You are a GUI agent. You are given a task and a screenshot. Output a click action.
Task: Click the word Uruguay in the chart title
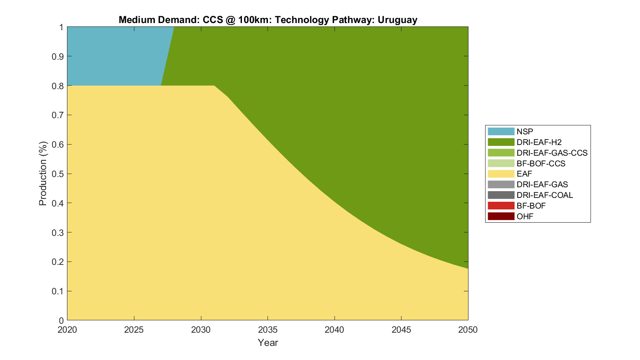click(x=397, y=20)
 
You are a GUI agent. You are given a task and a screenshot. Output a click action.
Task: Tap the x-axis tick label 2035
click(x=268, y=330)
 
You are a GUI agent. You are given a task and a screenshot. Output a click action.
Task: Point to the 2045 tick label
click(x=401, y=330)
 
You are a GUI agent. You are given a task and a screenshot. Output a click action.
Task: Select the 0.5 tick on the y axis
click(x=58, y=174)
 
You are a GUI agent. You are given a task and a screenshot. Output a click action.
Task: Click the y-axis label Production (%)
click(x=43, y=174)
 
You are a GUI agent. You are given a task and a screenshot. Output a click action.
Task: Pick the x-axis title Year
click(x=268, y=343)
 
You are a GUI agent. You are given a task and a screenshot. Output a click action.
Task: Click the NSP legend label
click(x=525, y=131)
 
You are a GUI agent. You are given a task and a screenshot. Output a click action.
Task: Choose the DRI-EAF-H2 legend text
click(x=539, y=142)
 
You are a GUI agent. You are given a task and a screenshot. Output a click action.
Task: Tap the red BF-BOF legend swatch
click(x=501, y=206)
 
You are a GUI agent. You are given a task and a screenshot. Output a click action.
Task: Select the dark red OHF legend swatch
click(x=501, y=216)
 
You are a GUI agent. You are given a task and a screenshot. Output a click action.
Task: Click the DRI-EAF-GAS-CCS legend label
click(x=552, y=153)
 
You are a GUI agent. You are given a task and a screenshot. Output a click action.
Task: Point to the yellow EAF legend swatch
click(x=501, y=174)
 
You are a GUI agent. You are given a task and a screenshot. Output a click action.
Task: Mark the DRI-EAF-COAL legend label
click(x=544, y=195)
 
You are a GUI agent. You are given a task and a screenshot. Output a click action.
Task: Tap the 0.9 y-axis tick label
click(x=58, y=57)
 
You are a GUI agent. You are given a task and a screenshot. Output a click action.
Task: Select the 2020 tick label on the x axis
click(x=67, y=330)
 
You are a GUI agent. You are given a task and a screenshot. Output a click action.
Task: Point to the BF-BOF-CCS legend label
click(x=541, y=163)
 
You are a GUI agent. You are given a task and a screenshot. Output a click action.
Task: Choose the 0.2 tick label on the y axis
click(x=58, y=262)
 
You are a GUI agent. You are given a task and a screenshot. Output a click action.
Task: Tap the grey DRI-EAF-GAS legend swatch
click(x=501, y=184)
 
